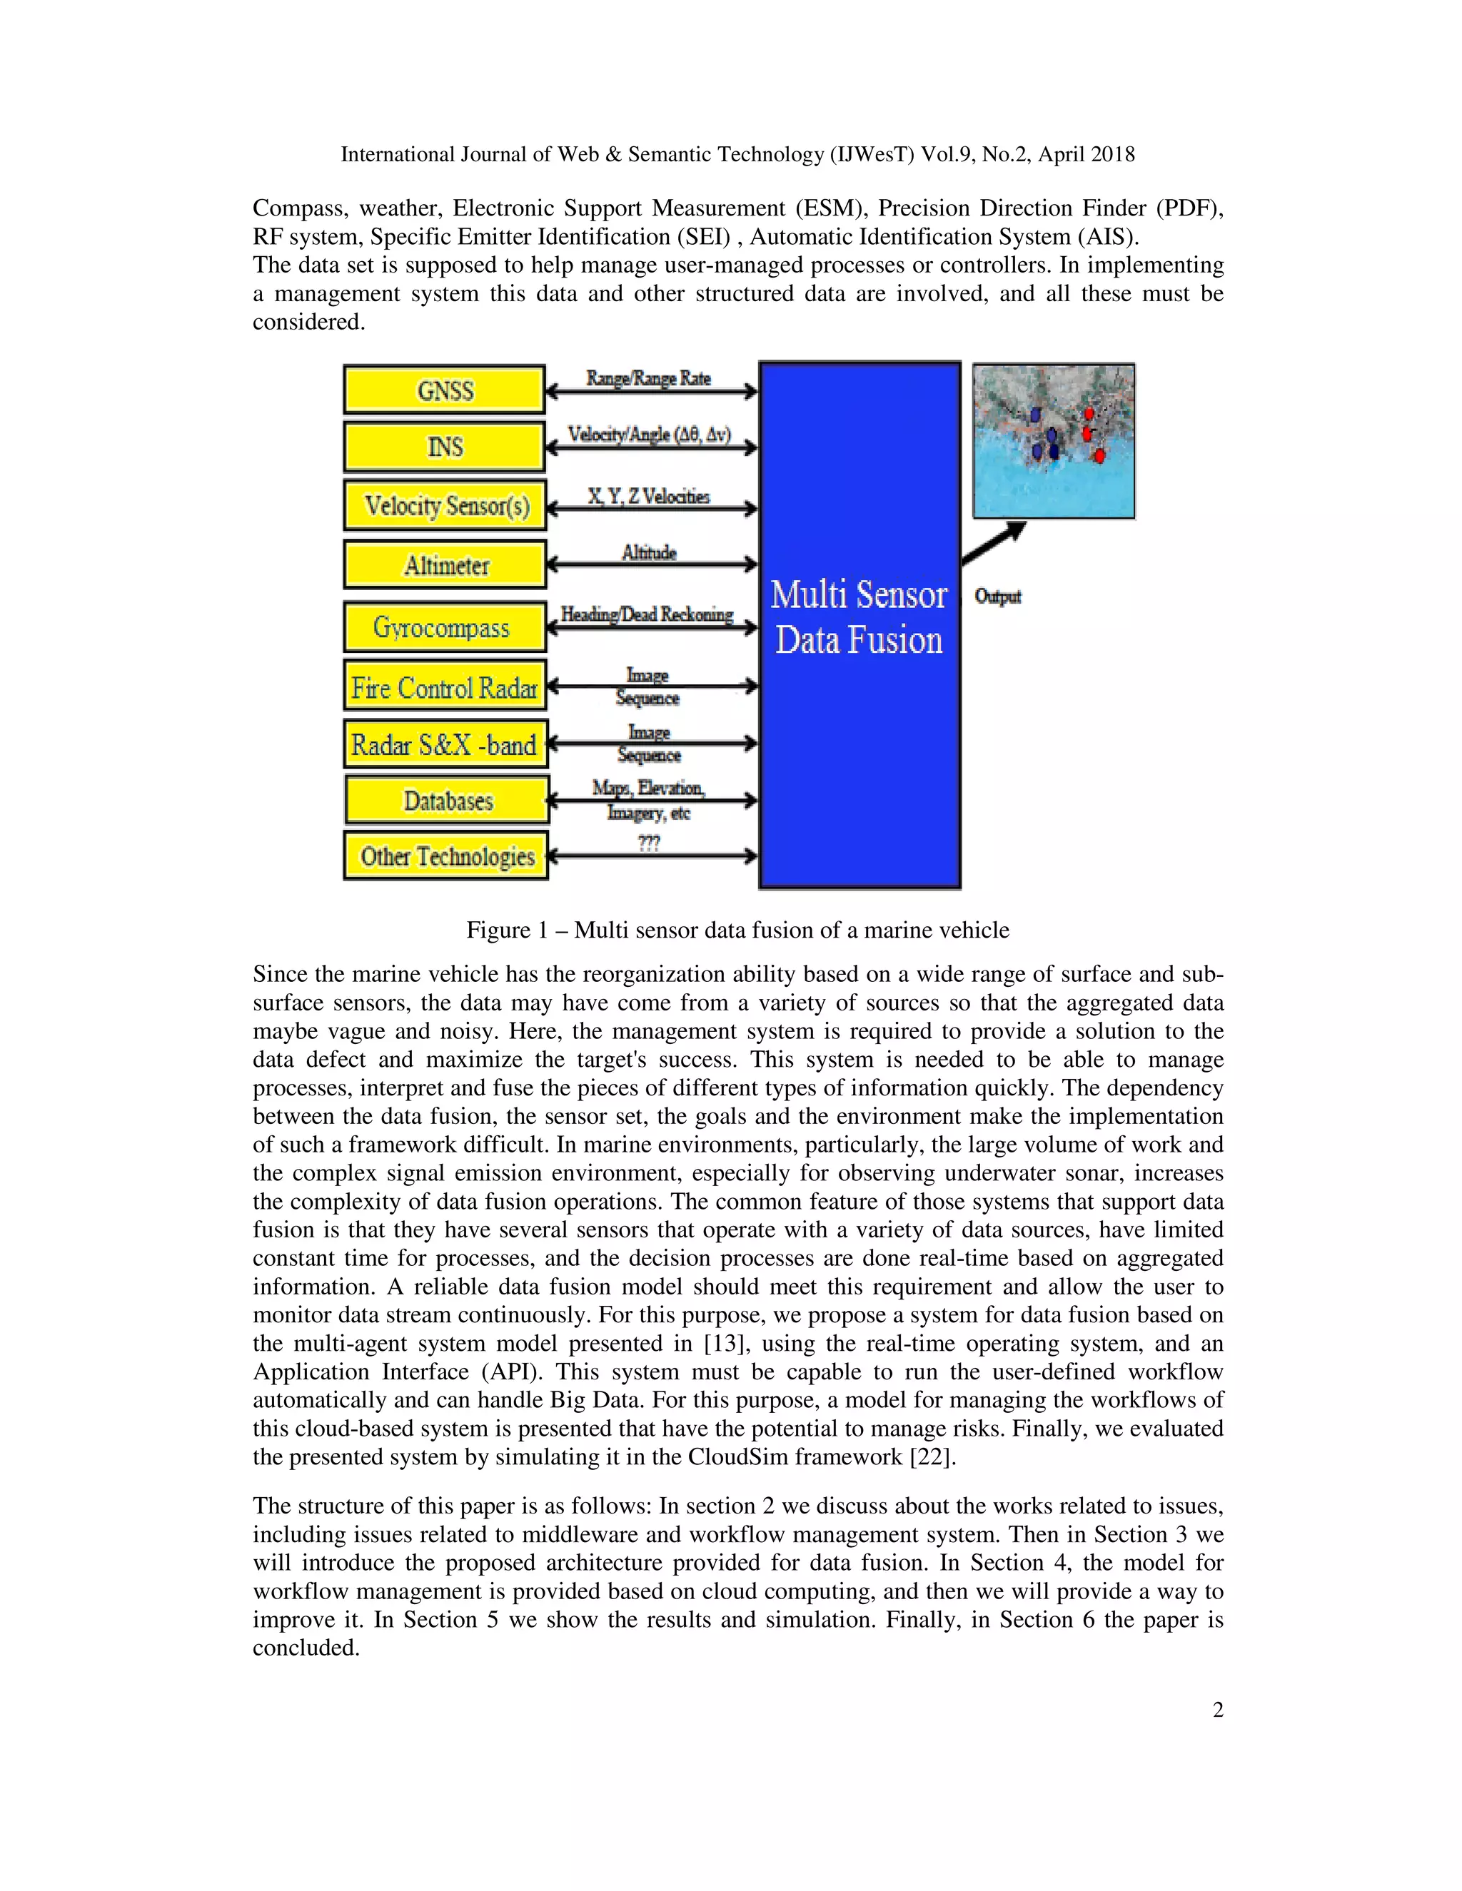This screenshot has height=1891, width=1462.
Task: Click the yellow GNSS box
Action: point(444,390)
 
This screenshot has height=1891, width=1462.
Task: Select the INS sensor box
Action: point(444,447)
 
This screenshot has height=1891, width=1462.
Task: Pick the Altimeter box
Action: point(445,564)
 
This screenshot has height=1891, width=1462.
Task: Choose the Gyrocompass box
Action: point(444,627)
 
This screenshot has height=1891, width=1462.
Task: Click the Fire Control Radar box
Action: point(444,686)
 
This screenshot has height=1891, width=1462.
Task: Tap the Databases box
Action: point(447,800)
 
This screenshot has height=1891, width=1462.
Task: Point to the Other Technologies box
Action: point(446,856)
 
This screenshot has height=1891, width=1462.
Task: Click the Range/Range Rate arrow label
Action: point(648,378)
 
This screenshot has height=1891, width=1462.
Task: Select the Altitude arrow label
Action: point(649,552)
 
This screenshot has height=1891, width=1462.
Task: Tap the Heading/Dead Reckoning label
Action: point(647,614)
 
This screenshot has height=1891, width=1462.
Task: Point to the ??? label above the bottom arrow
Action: point(649,841)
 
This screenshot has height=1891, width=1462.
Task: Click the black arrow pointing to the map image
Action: point(994,543)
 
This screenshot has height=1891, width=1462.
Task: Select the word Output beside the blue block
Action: point(998,597)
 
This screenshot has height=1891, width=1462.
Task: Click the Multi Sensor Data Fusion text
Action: point(859,617)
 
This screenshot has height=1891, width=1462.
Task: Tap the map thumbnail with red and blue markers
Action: point(1053,441)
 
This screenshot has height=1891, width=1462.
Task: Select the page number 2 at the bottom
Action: point(1218,1709)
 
